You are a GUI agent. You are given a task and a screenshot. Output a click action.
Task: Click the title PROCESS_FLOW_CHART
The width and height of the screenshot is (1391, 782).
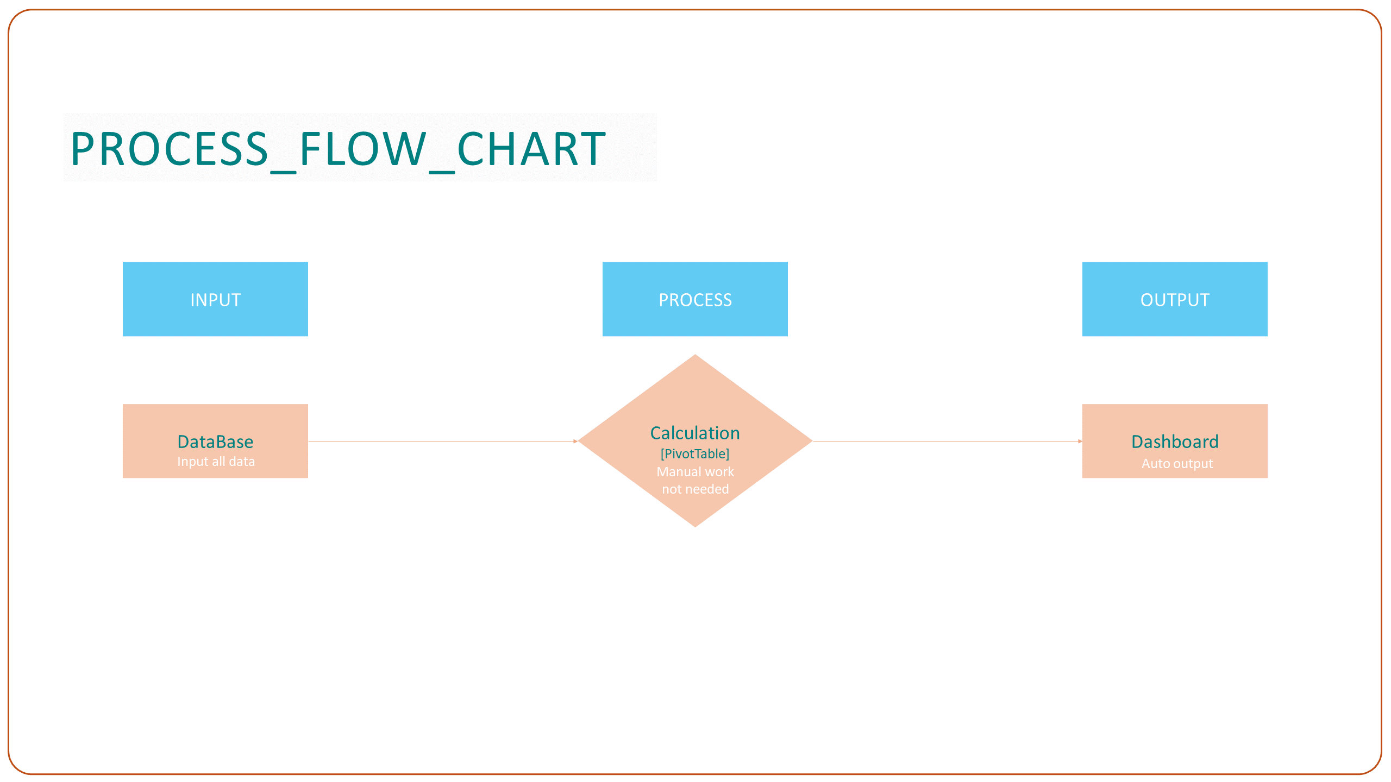(338, 149)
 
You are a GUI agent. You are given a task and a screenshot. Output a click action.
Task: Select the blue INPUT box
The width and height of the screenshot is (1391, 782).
(215, 299)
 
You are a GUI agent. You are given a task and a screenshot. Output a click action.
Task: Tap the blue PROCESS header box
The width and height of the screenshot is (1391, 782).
(695, 299)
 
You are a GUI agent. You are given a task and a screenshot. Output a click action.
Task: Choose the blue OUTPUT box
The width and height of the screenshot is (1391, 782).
(1175, 299)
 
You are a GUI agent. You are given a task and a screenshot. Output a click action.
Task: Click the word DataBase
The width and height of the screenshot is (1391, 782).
(215, 442)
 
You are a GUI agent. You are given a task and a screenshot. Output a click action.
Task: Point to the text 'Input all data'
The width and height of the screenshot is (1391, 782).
(216, 462)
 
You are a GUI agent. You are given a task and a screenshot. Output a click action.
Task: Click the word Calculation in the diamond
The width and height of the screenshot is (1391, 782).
(695, 433)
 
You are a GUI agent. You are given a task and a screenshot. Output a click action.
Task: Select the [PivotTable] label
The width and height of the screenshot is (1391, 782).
(695, 453)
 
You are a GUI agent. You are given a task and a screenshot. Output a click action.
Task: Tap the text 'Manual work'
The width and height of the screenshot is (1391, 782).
(695, 471)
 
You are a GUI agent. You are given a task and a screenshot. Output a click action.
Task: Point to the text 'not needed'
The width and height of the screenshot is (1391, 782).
(695, 489)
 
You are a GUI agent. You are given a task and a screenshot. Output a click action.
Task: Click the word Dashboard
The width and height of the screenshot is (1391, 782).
(1175, 442)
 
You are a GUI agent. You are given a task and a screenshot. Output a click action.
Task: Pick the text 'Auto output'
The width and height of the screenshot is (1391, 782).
(1177, 464)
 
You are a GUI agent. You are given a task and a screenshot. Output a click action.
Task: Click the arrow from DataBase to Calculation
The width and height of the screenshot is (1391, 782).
(443, 442)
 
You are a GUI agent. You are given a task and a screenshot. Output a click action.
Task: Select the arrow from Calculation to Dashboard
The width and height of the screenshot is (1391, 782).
(947, 442)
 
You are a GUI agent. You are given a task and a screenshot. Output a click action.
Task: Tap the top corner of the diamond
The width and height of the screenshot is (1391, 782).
(695, 355)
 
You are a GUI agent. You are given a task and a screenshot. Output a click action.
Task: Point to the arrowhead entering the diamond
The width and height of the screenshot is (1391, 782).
(576, 442)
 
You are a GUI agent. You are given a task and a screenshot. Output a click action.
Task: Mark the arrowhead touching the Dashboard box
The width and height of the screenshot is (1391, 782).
(1080, 442)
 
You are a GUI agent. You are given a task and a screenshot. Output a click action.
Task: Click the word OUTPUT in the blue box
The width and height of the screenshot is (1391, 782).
(1175, 300)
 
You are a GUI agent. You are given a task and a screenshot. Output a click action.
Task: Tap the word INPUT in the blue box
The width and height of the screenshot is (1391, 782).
(215, 300)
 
